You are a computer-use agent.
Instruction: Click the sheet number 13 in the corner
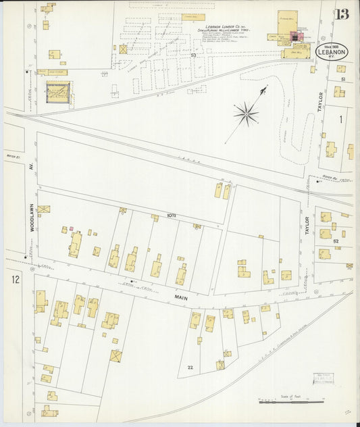click(341, 14)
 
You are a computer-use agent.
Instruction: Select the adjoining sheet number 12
click(15, 279)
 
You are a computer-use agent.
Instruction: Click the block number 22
click(190, 367)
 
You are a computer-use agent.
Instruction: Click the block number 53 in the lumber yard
click(192, 55)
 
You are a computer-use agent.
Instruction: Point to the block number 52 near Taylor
click(336, 241)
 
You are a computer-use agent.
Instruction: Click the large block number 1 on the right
click(341, 120)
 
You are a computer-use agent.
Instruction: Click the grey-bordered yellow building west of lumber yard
click(57, 92)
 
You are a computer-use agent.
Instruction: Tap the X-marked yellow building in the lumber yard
click(123, 49)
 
